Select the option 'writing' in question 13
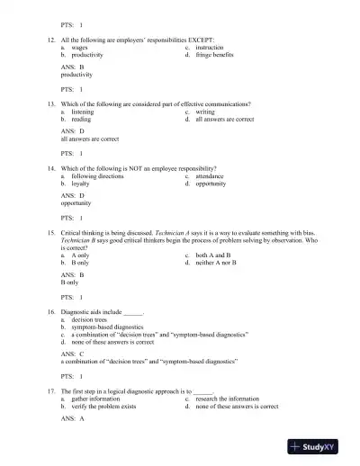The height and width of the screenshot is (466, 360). [206, 112]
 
